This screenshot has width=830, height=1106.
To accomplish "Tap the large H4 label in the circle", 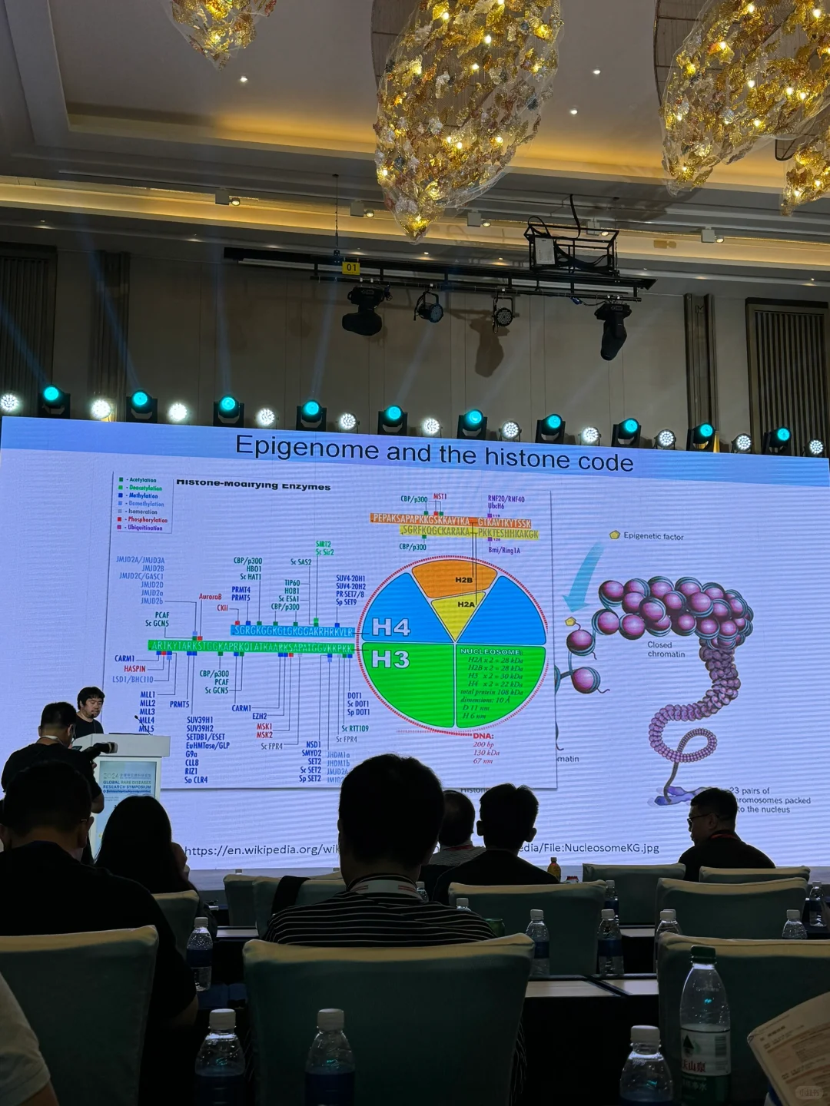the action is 390,628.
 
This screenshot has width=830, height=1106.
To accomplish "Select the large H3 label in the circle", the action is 390,659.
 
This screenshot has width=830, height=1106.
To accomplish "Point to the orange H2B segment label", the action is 463,580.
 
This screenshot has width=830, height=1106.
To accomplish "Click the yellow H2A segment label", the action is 466,604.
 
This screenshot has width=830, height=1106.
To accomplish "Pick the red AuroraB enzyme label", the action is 210,596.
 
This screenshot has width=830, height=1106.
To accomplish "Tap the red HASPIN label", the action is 134,669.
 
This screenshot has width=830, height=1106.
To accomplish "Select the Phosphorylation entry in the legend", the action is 147,520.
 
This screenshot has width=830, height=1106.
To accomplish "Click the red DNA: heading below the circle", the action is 483,735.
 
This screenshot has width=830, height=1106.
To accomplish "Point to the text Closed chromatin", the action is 665,650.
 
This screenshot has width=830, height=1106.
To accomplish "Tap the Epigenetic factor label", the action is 652,536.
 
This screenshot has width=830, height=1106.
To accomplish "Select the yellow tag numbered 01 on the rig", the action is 351,268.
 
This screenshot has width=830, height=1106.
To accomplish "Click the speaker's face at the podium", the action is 91,703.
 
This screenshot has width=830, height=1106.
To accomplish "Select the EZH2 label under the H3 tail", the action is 260,716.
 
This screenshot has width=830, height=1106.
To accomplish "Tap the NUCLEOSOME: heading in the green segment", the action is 490,651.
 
